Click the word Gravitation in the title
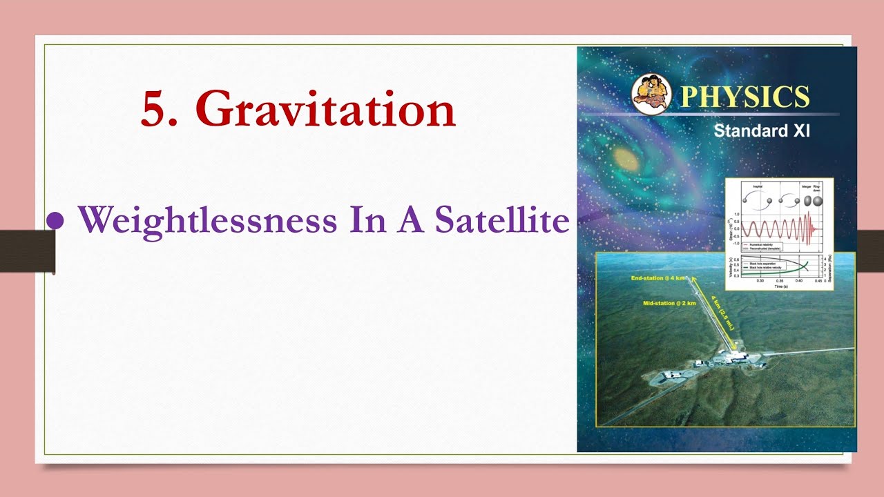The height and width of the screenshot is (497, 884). (325, 108)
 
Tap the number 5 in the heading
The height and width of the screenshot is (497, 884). (156, 110)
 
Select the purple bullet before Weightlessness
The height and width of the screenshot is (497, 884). (55, 220)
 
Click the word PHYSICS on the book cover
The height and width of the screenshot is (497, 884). (744, 97)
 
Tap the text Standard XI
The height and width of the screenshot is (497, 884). (761, 131)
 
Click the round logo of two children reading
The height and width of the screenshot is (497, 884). (651, 93)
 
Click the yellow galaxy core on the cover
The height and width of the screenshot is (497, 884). (626, 156)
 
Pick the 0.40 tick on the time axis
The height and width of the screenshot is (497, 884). (798, 281)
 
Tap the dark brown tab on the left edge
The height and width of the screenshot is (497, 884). (26, 251)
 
